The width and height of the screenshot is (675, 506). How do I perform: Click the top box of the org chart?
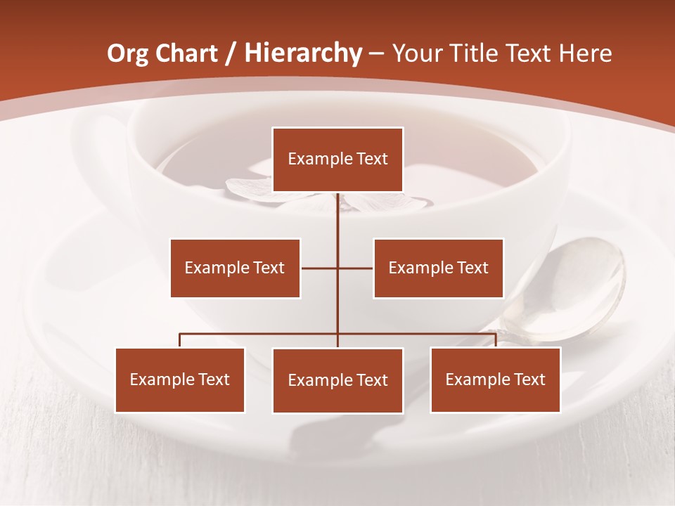[x=337, y=160]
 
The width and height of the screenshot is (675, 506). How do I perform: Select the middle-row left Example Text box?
[x=235, y=268]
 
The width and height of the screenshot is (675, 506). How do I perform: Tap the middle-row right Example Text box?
[x=438, y=268]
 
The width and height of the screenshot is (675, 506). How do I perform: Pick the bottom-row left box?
[x=180, y=379]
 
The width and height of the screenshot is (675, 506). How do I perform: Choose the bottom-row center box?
[x=337, y=380]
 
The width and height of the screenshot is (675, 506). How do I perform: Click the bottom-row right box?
[x=495, y=379]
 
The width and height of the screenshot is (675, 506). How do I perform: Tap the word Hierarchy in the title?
[x=303, y=53]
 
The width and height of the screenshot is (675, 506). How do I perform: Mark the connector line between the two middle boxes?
[x=337, y=268]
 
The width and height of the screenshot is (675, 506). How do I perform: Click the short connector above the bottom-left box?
[x=180, y=340]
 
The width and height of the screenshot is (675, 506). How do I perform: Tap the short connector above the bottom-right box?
[x=495, y=340]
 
